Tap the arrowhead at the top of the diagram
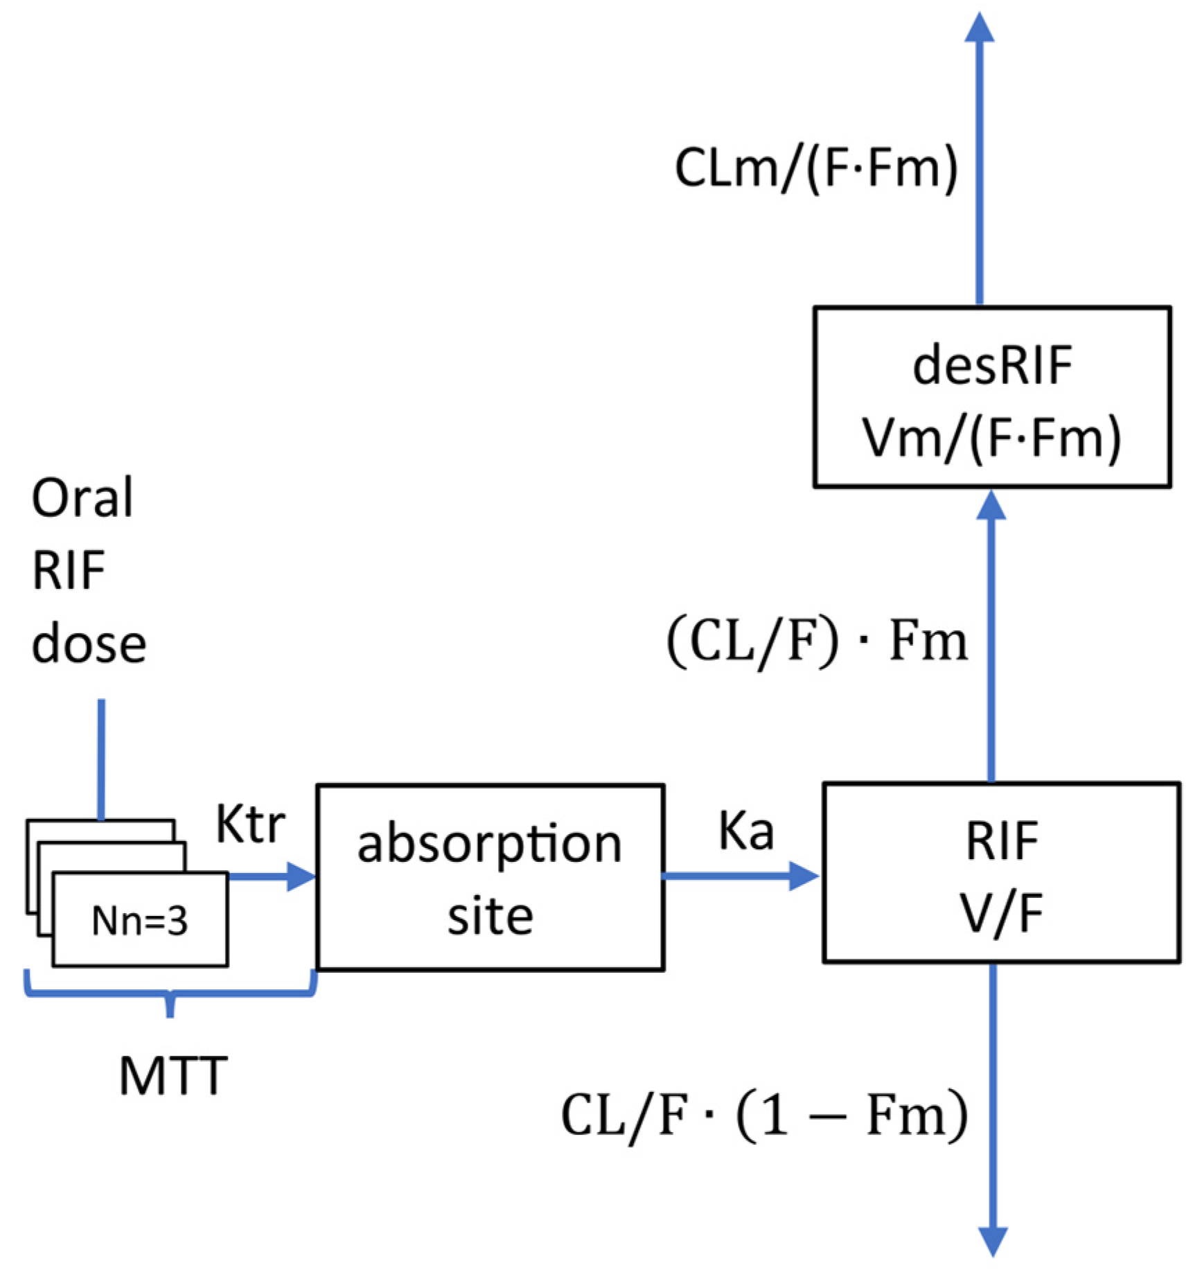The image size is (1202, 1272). click(x=980, y=29)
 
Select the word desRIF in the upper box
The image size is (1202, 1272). click(x=992, y=365)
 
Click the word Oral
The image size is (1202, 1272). click(x=82, y=498)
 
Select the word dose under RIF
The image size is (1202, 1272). click(x=89, y=645)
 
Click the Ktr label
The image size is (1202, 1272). click(x=250, y=824)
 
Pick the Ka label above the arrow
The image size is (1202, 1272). click(x=746, y=831)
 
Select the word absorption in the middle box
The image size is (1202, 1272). click(x=490, y=845)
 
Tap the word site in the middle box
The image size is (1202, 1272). click(x=490, y=917)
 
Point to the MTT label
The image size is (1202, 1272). click(x=173, y=1076)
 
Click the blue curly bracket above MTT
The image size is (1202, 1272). click(x=170, y=996)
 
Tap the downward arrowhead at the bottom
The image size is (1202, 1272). click(x=992, y=1241)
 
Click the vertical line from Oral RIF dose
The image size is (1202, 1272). click(x=101, y=759)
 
